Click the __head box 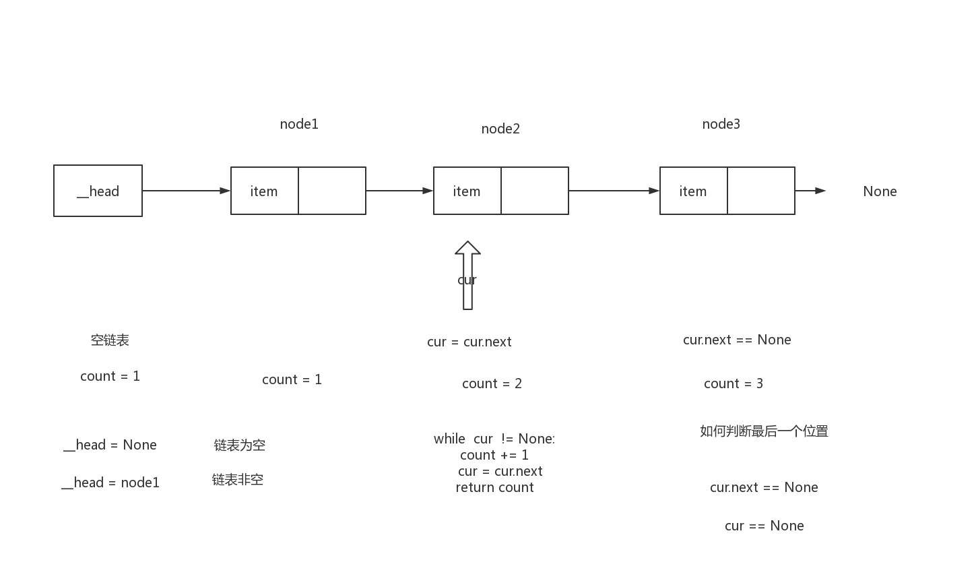click(x=98, y=191)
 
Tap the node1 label click(x=299, y=124)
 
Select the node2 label click(x=500, y=129)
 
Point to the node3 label click(x=721, y=124)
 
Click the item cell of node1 click(x=265, y=191)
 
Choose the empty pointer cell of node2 click(x=535, y=191)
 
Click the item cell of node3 click(x=693, y=191)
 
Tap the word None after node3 click(x=880, y=191)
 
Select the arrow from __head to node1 click(x=186, y=191)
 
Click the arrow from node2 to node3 click(x=614, y=191)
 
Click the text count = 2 click(x=492, y=383)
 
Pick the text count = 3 click(x=733, y=383)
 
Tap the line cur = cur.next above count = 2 click(x=469, y=342)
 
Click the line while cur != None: click(x=494, y=439)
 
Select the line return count click(x=494, y=487)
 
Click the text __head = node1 click(x=110, y=483)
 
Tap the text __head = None click(x=110, y=445)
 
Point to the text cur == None click(x=764, y=526)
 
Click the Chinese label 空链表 click(x=110, y=340)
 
